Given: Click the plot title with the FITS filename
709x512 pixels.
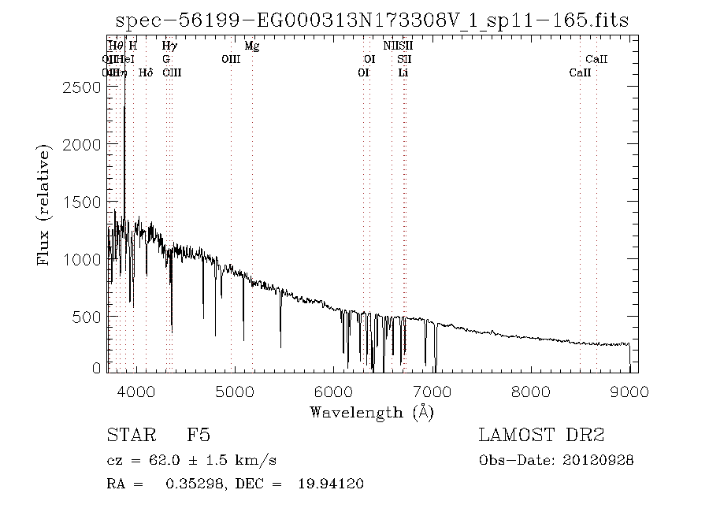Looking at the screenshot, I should pyautogui.click(x=372, y=20).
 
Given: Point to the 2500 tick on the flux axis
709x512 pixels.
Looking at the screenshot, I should pyautogui.click(x=84, y=87).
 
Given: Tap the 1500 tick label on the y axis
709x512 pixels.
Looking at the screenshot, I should pyautogui.click(x=84, y=202).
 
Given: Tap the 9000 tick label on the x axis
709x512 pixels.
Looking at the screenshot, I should pyautogui.click(x=629, y=390).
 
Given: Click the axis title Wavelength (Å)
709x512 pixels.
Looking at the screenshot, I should pyautogui.click(x=372, y=411).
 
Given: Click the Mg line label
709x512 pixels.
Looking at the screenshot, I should pyautogui.click(x=252, y=46).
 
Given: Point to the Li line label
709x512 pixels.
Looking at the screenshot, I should pyautogui.click(x=403, y=72).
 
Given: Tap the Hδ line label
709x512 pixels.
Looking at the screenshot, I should pyautogui.click(x=146, y=72).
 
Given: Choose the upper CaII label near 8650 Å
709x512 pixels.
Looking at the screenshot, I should pyautogui.click(x=596, y=59).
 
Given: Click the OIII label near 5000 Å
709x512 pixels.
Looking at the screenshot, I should pyautogui.click(x=231, y=59).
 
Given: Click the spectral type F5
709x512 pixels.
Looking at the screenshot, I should pyautogui.click(x=198, y=435).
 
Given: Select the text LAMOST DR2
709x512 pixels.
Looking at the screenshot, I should pyautogui.click(x=541, y=435).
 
